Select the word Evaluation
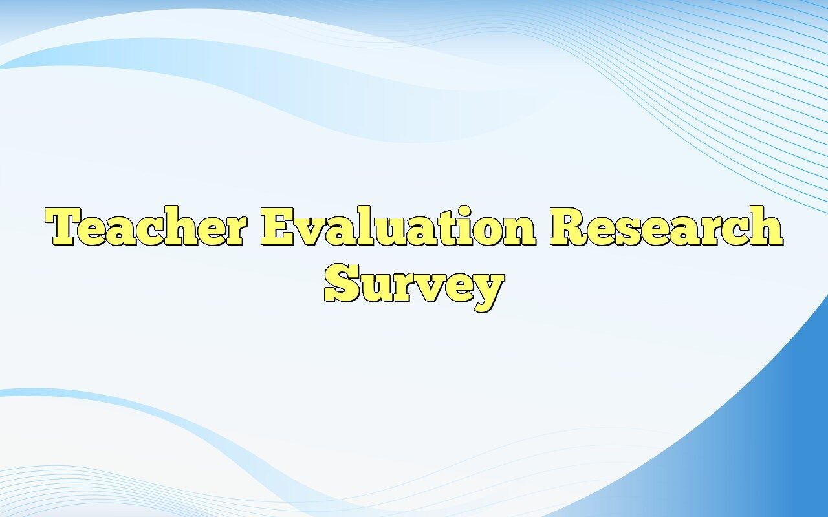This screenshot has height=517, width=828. click(x=398, y=227)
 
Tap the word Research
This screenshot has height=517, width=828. click(x=666, y=227)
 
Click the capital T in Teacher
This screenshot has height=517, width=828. click(x=67, y=227)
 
